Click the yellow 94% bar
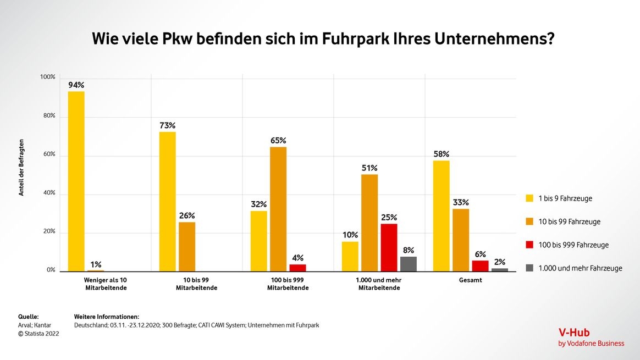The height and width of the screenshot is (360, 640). (76, 181)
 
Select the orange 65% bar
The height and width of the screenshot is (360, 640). (278, 209)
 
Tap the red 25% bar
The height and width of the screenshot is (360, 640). (389, 247)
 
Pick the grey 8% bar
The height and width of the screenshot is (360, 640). (409, 264)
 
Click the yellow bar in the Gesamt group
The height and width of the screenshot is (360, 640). (442, 216)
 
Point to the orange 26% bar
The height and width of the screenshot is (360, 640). (187, 246)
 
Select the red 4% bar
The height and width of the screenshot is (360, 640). (297, 268)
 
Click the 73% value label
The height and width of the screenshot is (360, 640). (168, 125)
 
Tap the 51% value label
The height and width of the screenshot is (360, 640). (369, 168)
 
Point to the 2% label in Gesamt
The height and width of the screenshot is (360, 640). (500, 262)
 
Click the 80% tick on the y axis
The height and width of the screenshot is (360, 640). (48, 116)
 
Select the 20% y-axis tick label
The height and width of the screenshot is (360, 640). (48, 231)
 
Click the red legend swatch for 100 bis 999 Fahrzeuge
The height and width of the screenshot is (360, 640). (530, 245)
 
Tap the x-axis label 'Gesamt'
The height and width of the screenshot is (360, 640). (470, 280)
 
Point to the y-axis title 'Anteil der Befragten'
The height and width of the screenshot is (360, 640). (21, 168)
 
